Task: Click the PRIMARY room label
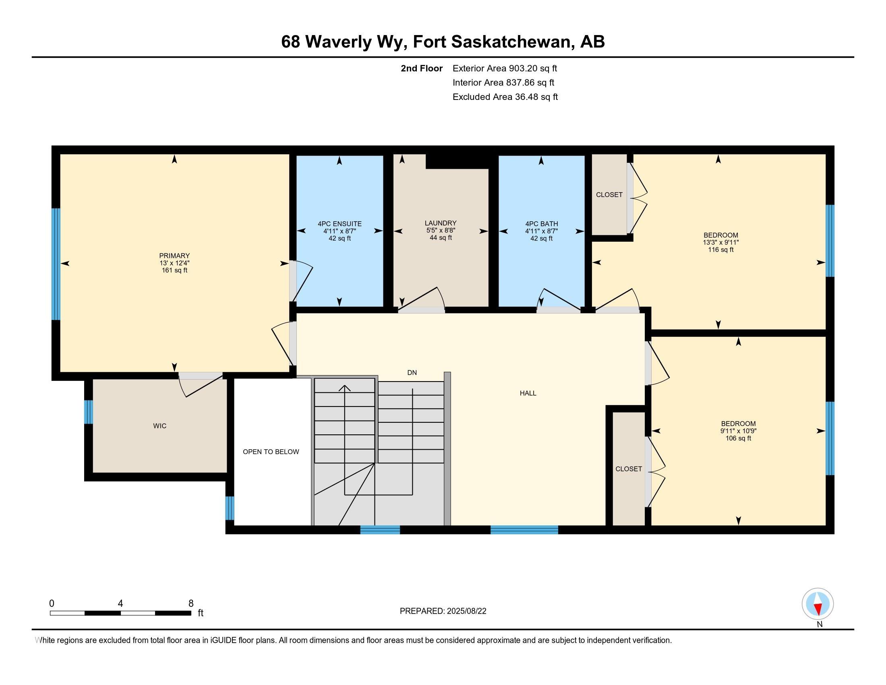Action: point(174,255)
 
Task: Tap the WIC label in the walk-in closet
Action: point(160,426)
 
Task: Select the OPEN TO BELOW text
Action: point(271,452)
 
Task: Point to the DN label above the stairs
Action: point(412,373)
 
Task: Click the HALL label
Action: point(528,393)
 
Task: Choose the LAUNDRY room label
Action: point(441,223)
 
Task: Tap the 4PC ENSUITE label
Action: point(339,224)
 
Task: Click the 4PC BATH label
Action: point(542,224)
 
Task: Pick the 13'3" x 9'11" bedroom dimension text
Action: point(721,242)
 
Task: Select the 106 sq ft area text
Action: point(738,438)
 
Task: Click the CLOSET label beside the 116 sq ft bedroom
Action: point(609,195)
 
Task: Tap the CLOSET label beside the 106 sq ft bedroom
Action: point(629,469)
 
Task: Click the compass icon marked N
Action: point(818,604)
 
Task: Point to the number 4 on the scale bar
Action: point(120,604)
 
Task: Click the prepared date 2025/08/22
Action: point(466,611)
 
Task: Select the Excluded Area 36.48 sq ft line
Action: point(505,97)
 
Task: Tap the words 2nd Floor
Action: point(422,68)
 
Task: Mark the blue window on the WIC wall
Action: point(89,412)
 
